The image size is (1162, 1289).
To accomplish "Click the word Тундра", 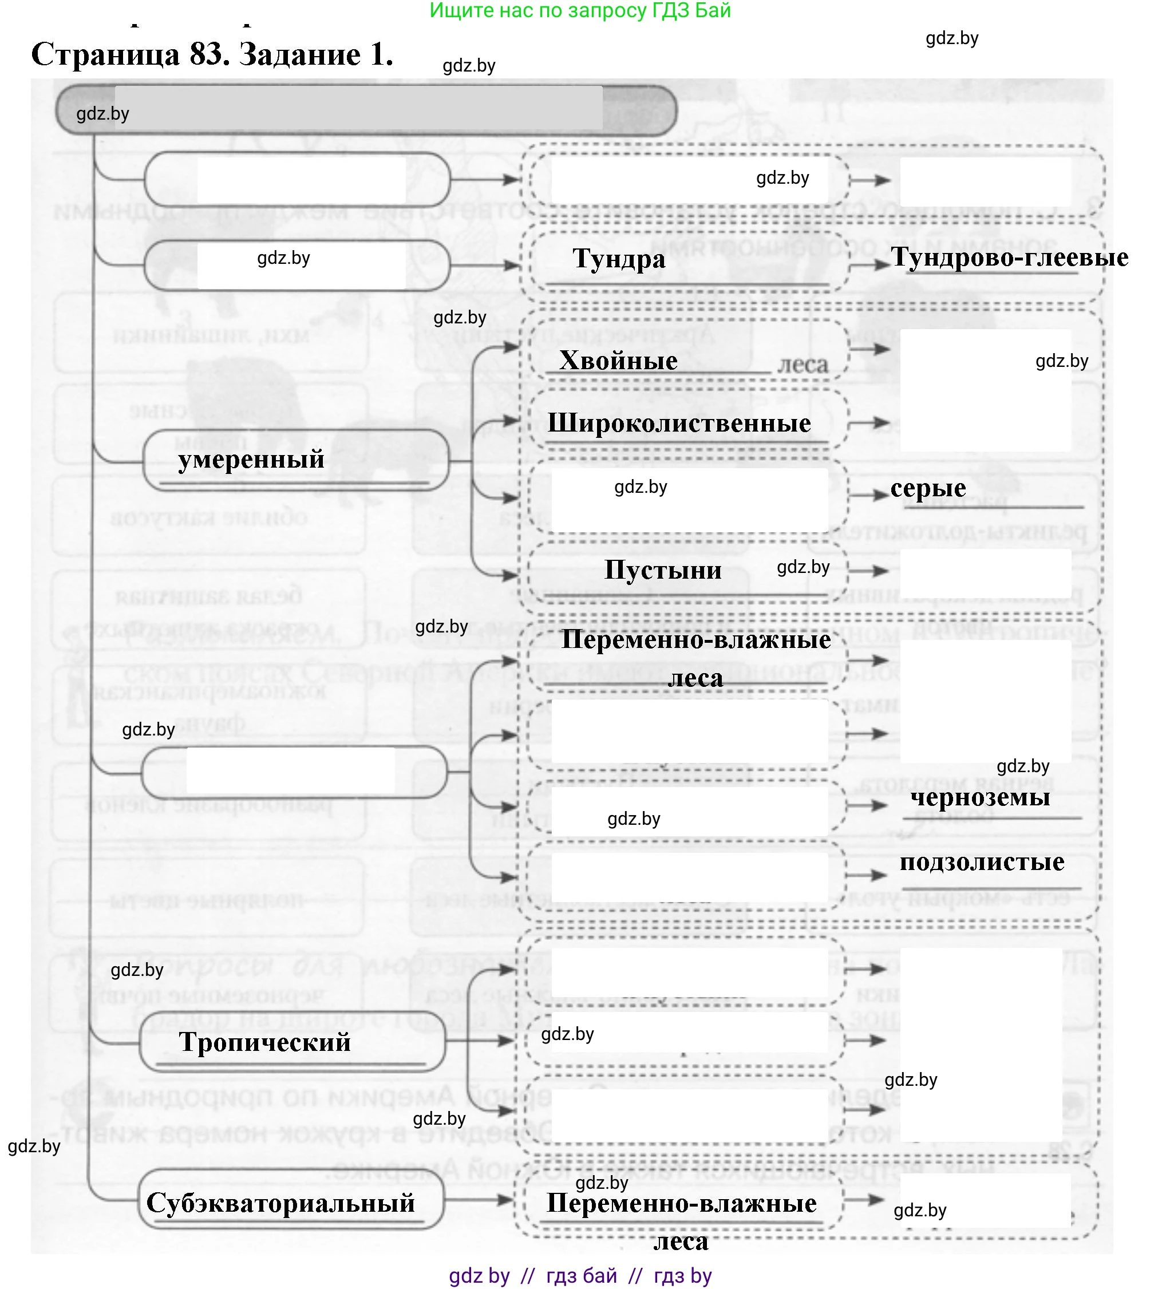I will pos(619,259).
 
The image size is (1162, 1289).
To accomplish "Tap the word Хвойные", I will pos(618,361).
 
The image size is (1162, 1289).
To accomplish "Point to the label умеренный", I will pos(251,459).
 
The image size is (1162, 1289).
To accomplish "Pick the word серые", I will pos(928,488).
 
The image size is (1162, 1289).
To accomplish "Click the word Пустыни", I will pos(662,570).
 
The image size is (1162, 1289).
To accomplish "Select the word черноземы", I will pos(979,797).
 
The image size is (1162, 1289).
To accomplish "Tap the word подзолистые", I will pos(981,862).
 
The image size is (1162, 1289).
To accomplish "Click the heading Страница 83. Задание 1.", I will pos(212,54).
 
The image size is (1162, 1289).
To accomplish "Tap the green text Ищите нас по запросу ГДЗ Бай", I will pos(580,10).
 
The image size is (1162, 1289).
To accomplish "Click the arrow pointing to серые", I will pos(869,495).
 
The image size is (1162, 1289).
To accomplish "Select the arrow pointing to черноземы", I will pos(867,805).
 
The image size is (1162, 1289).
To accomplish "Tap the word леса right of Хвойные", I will pos(803,365).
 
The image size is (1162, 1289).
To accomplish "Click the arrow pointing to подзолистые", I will pos(867,875).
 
